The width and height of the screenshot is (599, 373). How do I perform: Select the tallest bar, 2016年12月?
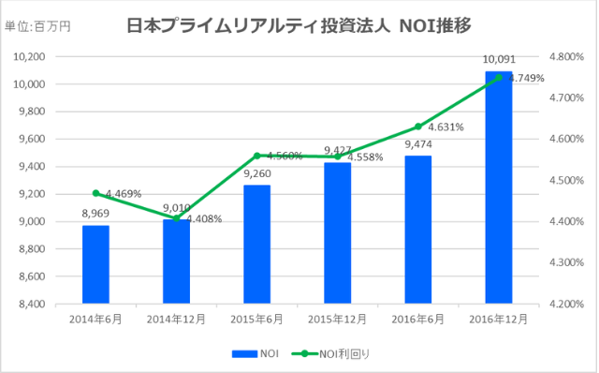pos(499,187)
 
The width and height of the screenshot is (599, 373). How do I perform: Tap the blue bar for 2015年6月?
pos(256,245)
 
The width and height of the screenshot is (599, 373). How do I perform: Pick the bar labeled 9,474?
pos(418,230)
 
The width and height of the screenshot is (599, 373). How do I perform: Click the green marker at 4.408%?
pos(176,218)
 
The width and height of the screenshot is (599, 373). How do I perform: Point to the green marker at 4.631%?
pos(418,127)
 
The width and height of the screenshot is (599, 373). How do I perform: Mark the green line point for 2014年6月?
pos(95,193)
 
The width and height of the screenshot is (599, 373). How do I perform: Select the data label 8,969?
pos(95,215)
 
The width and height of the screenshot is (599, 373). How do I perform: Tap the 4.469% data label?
pos(124,194)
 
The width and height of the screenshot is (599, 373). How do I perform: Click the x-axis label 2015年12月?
pos(338,319)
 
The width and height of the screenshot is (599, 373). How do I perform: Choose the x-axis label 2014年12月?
pos(176,319)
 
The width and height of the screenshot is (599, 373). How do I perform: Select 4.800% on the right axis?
pos(566,57)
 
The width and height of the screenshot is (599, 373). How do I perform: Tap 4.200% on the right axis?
pos(566,304)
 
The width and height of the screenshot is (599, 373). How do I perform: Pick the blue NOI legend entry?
pos(256,353)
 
